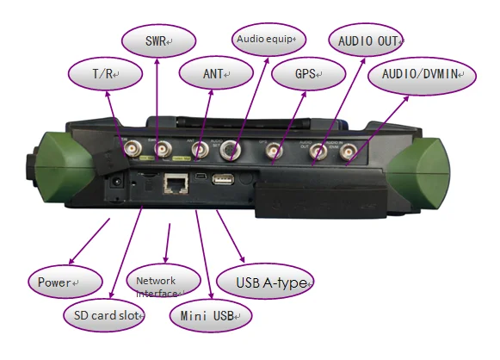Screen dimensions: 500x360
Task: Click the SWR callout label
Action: coord(158,40)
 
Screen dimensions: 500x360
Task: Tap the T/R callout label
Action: coord(105,74)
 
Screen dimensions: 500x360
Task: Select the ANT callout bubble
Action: coord(216,73)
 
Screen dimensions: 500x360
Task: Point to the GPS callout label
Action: coord(308,74)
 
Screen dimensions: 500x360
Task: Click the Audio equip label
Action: coord(269,40)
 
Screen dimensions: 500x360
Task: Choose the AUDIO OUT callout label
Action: coord(366,40)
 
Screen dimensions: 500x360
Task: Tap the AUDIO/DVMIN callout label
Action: coord(422,76)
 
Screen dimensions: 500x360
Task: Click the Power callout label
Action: coord(65,282)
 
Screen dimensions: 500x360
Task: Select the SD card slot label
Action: coord(104,315)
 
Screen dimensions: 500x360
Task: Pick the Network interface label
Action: coord(164,281)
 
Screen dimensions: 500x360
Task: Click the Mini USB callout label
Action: coord(211,315)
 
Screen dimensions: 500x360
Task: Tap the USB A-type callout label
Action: coord(264,282)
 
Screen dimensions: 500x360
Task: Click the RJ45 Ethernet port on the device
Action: coord(176,183)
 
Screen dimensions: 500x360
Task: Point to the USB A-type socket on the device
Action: coord(223,179)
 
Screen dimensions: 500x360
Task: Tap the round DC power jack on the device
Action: coord(116,183)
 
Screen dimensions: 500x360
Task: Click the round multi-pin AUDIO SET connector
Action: coord(230,150)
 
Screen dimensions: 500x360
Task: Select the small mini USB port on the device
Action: coord(201,177)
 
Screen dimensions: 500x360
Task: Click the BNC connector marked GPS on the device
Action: coord(274,150)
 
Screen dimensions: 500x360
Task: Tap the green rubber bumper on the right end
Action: coord(418,172)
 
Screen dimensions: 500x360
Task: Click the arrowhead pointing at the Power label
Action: coord(71,261)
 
